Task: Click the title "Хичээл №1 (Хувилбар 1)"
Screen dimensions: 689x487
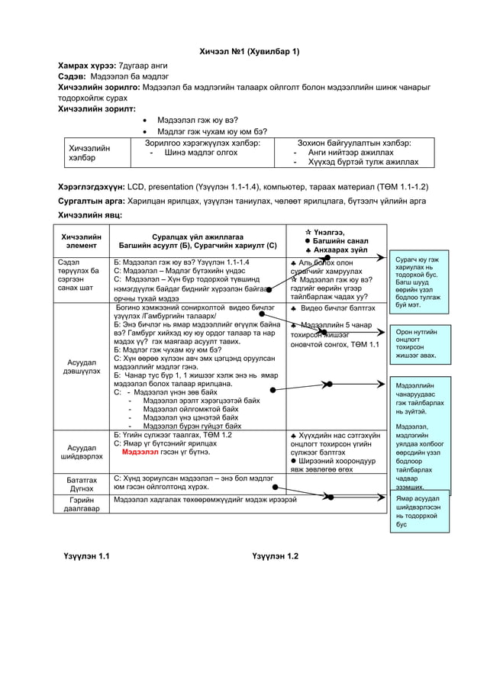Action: [x=250, y=51]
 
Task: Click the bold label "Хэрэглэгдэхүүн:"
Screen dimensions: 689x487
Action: [x=92, y=186]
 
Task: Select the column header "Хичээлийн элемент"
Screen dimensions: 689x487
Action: [x=82, y=240]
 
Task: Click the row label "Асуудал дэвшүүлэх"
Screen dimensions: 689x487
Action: [x=82, y=366]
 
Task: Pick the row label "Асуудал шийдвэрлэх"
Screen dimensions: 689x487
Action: [x=82, y=452]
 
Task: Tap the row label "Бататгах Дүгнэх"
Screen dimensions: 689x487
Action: [x=82, y=484]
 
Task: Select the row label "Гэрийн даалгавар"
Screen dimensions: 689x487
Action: [x=82, y=504]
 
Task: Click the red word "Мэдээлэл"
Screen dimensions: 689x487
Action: [x=145, y=452]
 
